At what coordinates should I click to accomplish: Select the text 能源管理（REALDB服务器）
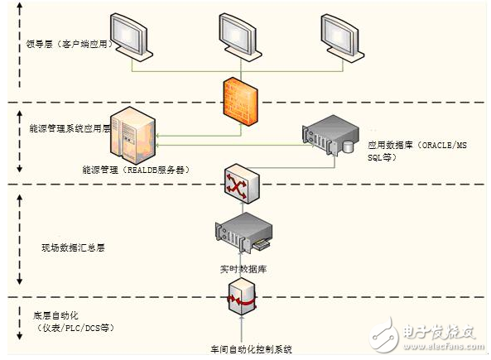coord(136,170)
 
